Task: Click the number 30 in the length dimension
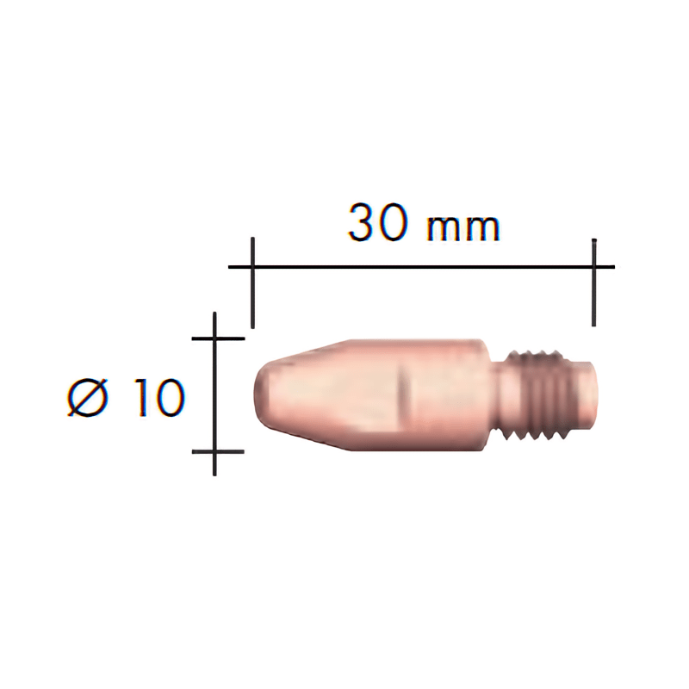376,223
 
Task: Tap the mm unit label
463,228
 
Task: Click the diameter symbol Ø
89,398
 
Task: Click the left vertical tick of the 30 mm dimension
252,282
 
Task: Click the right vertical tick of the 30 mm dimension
593,282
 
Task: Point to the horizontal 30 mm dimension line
421,267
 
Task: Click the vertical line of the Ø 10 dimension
214,394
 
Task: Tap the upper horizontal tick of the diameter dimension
219,338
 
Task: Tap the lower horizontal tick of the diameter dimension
219,451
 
